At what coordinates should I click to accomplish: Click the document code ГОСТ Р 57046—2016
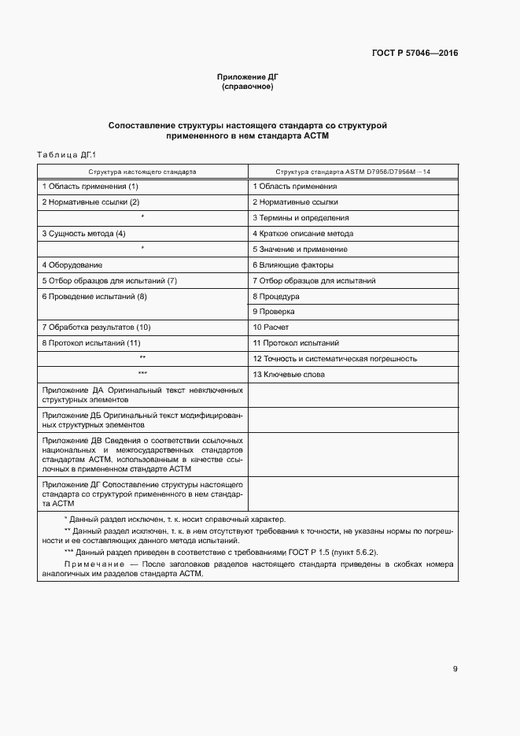click(415, 54)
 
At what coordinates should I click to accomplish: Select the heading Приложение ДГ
click(248, 76)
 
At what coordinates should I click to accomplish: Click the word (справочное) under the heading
click(248, 86)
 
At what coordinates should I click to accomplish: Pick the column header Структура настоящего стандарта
click(142, 171)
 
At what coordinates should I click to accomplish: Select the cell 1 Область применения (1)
click(90, 187)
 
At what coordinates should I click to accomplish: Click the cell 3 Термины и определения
click(301, 218)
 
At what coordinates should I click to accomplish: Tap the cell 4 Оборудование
click(72, 265)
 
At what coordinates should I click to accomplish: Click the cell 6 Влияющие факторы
click(293, 265)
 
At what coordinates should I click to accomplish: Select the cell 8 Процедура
click(276, 297)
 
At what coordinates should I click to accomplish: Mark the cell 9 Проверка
click(275, 312)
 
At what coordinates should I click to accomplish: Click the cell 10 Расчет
click(272, 327)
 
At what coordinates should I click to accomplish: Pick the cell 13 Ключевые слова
click(289, 375)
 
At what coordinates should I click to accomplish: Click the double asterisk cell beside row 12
click(142, 359)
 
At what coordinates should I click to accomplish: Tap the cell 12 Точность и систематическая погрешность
click(334, 359)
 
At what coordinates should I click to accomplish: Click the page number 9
click(455, 670)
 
